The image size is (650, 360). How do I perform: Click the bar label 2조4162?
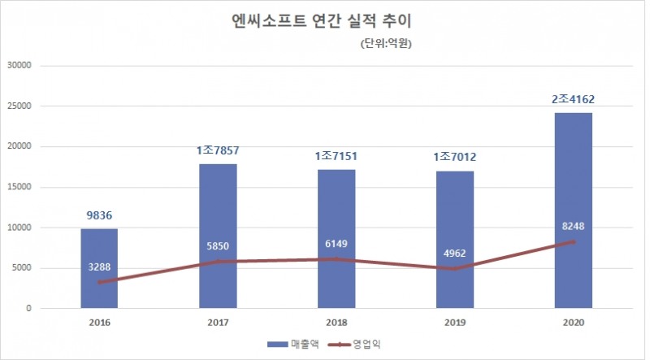point(573,99)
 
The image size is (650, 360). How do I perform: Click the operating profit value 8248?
point(573,226)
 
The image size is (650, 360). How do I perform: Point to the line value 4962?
point(454,252)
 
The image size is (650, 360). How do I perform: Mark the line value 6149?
point(336,243)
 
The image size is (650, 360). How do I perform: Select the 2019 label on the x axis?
point(454,323)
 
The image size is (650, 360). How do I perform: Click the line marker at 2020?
point(573,242)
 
